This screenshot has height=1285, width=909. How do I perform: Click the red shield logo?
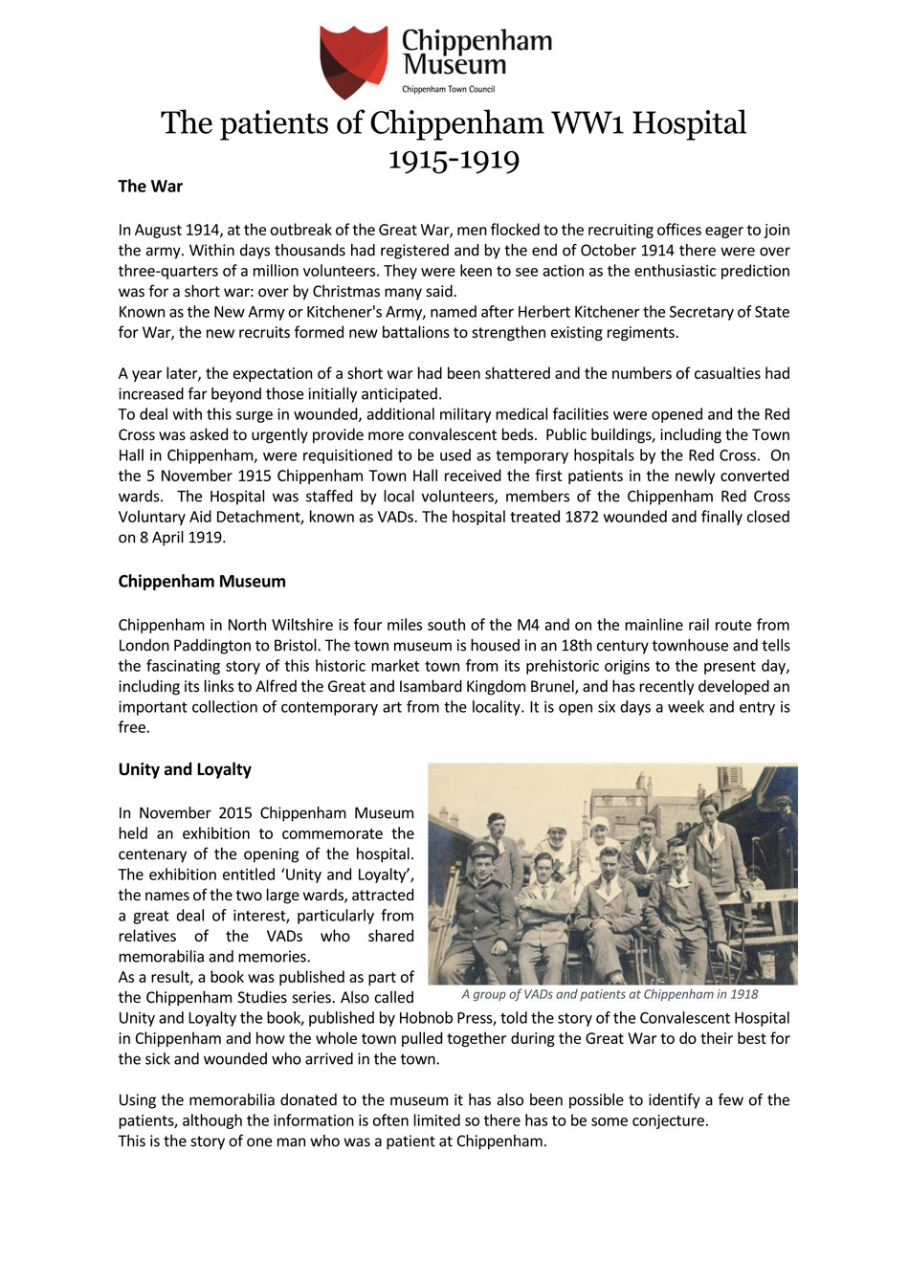point(353,61)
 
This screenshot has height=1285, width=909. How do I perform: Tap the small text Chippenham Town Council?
point(448,89)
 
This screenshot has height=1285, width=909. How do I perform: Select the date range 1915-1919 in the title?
point(454,158)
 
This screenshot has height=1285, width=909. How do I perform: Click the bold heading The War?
point(150,187)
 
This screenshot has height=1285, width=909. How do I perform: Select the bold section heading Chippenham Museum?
point(202,582)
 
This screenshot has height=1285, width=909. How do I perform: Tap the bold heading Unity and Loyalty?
point(185,770)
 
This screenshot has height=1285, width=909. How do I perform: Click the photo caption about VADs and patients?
point(610,995)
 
